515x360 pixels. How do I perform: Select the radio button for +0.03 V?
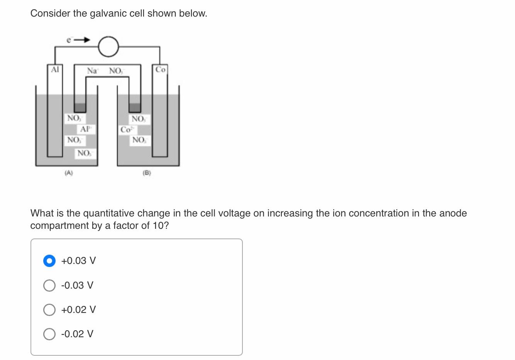tap(49, 261)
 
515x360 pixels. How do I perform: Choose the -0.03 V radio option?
tap(49, 286)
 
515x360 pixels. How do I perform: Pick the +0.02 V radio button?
tap(49, 310)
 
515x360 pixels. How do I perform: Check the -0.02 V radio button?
tap(49, 334)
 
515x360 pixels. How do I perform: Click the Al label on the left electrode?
tap(55, 70)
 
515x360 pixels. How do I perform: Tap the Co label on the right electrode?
tap(160, 70)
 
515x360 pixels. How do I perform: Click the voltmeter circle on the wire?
tap(108, 47)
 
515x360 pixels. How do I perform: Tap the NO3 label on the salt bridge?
tap(116, 71)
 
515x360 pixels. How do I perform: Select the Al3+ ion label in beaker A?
tap(85, 128)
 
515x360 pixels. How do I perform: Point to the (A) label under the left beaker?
tap(69, 173)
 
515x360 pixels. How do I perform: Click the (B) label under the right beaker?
tap(147, 173)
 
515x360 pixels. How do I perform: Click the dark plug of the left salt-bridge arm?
tap(80, 108)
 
